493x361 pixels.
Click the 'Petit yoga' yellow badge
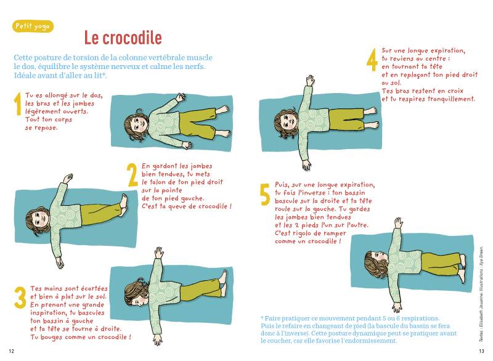click(33, 26)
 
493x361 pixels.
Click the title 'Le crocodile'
click(123, 38)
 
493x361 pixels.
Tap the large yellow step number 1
click(18, 103)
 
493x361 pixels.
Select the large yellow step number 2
click(132, 175)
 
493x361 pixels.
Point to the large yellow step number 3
click(20, 298)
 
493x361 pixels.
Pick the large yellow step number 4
click(372, 60)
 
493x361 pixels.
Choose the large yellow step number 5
click(265, 195)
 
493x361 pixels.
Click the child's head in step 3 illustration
click(137, 294)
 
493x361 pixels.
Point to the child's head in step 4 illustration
click(286, 122)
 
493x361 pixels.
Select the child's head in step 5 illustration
click(376, 263)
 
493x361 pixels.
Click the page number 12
click(11, 351)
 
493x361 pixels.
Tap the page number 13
click(481, 351)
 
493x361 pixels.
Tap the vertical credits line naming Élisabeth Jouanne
click(481, 294)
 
